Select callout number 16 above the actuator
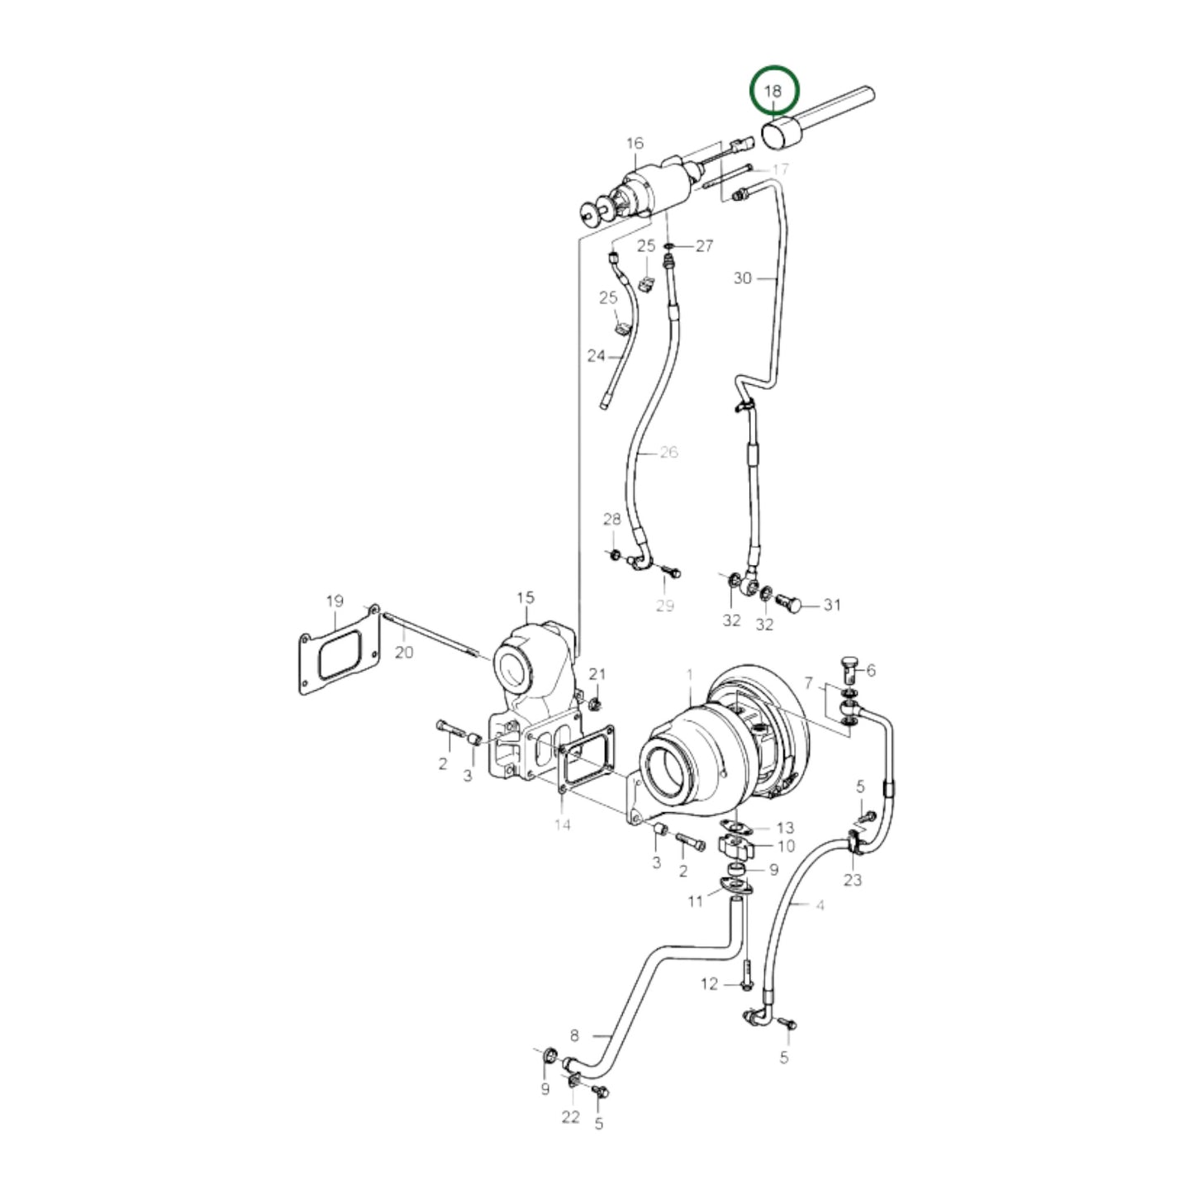[635, 143]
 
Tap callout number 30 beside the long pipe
[742, 278]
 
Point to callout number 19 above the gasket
[335, 601]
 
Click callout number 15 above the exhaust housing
[526, 598]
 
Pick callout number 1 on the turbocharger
[690, 673]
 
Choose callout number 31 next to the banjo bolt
[831, 604]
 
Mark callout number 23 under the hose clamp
[853, 879]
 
